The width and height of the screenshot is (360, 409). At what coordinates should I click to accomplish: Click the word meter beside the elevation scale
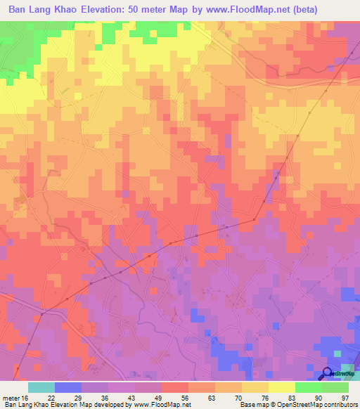pos(12,396)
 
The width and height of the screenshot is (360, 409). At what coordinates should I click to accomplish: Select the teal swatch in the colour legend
pos(41,387)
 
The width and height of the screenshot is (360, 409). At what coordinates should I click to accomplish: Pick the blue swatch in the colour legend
pos(68,387)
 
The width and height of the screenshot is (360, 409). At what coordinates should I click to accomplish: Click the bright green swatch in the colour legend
pos(309,387)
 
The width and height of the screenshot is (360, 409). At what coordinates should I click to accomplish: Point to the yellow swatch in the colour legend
pos(282,387)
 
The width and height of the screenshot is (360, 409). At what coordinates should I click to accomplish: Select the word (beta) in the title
pos(300,10)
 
